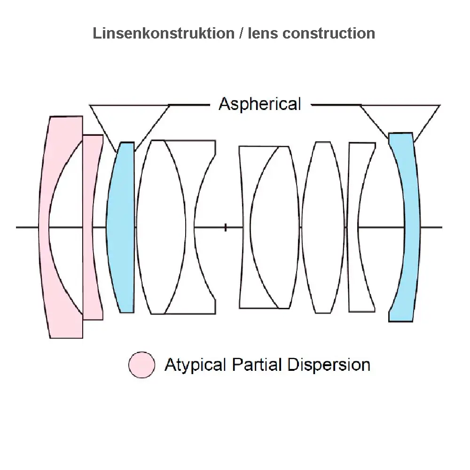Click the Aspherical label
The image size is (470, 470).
tap(259, 104)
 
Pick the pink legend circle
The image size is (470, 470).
tap(141, 365)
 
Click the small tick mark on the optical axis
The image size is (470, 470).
tap(226, 227)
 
